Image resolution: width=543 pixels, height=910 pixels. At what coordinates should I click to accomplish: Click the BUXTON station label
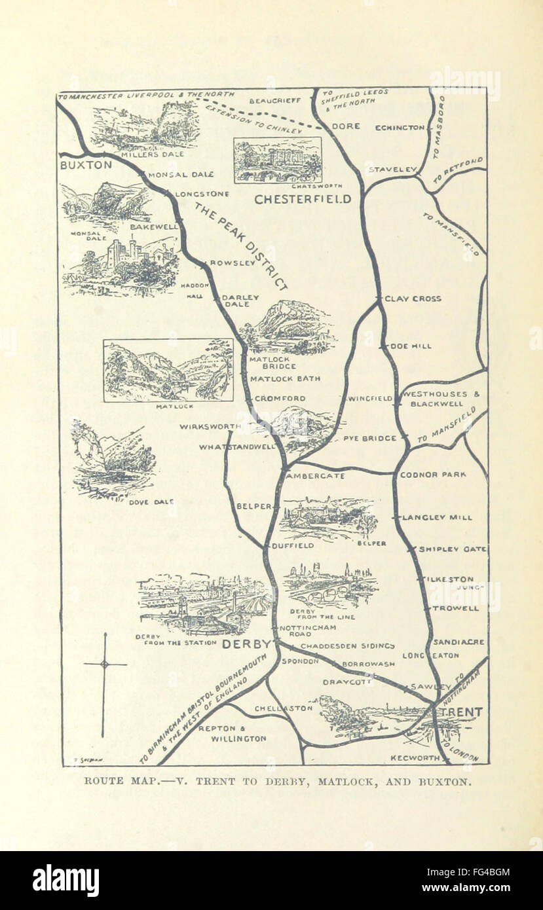[x=86, y=165]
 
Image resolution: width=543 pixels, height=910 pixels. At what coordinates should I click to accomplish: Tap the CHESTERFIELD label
[x=303, y=199]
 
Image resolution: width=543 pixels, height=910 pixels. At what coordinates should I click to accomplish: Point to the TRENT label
[x=462, y=712]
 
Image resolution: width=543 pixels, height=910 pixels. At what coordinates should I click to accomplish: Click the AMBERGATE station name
[x=315, y=476]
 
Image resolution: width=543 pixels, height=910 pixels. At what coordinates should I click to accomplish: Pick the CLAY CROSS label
[x=413, y=299]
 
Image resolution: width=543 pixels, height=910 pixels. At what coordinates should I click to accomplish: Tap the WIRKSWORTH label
[x=206, y=426]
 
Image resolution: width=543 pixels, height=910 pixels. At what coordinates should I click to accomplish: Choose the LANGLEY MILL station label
[x=437, y=517]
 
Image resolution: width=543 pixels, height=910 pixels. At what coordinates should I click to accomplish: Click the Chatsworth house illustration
[x=278, y=160]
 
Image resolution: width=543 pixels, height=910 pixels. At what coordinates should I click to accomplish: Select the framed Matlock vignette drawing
[x=168, y=370]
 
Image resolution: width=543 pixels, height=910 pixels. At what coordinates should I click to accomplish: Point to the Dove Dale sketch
[x=113, y=458]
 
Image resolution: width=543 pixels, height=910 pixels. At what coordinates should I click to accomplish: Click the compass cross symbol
[x=104, y=665]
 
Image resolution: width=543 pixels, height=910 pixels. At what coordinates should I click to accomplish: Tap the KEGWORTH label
[x=415, y=757]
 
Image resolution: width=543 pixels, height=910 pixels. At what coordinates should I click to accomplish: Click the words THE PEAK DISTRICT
[x=240, y=246]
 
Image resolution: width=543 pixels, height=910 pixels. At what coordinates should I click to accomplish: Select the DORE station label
[x=345, y=126]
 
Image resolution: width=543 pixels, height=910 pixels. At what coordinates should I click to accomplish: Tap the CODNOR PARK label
[x=433, y=474]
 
